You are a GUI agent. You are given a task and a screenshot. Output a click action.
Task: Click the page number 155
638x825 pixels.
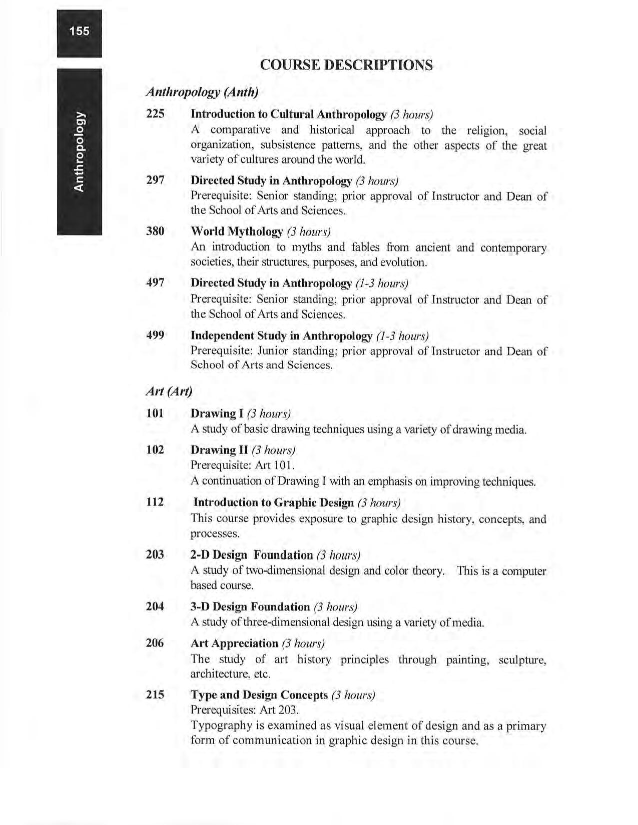(x=79, y=31)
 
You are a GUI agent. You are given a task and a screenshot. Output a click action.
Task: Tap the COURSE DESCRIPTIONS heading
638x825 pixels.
(x=346, y=65)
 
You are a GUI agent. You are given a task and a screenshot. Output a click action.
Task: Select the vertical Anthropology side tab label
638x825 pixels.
(x=80, y=151)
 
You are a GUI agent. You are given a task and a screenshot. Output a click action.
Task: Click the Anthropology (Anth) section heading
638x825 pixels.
(x=202, y=92)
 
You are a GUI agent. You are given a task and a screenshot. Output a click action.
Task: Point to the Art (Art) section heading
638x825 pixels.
(x=169, y=391)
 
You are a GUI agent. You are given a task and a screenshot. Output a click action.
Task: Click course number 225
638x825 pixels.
(x=155, y=113)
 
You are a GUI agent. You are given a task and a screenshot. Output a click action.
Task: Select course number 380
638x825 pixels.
(x=155, y=231)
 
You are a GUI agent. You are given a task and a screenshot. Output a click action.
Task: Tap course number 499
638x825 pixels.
(x=155, y=335)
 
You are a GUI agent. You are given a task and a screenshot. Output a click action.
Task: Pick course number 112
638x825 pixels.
(x=155, y=502)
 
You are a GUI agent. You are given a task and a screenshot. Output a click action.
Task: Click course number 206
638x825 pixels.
(x=155, y=643)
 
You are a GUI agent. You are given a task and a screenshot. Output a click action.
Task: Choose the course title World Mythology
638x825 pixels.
(x=237, y=231)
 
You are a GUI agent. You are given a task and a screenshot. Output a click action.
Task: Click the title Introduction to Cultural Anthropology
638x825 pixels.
(x=289, y=114)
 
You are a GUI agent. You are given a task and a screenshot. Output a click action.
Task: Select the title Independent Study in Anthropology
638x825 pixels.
(x=281, y=335)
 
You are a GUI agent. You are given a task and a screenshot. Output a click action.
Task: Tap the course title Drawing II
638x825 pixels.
(x=220, y=450)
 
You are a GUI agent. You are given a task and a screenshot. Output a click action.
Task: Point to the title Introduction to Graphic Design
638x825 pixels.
(x=274, y=502)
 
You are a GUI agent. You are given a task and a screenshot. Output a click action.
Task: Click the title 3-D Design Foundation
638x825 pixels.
(x=250, y=607)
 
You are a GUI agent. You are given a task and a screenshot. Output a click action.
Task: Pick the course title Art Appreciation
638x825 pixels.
(x=234, y=643)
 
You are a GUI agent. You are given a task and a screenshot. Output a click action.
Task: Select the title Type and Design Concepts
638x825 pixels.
(x=259, y=695)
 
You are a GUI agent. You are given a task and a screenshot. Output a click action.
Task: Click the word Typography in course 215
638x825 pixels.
(x=216, y=726)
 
